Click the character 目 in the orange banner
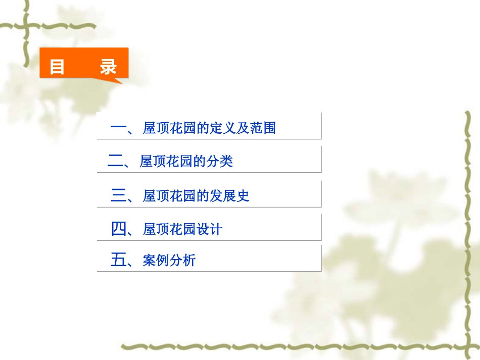(x=57, y=67)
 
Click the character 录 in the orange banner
(x=108, y=67)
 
